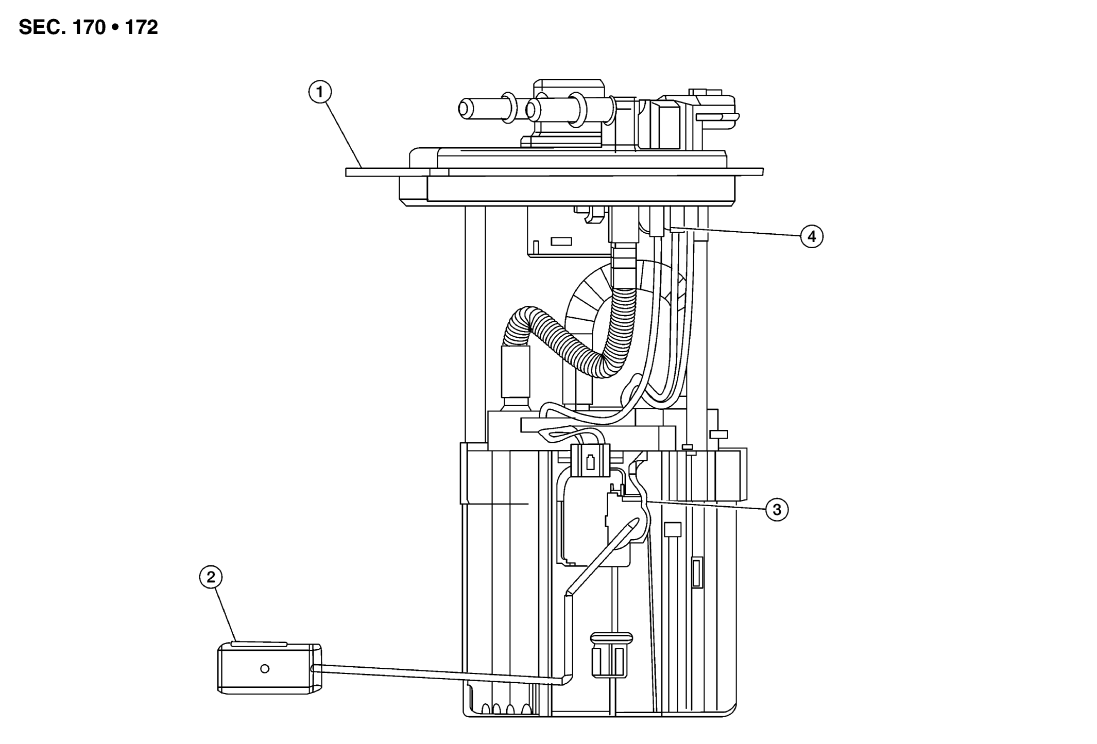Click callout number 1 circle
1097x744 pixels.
[320, 93]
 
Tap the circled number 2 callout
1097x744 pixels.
[211, 577]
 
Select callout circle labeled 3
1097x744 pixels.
[777, 510]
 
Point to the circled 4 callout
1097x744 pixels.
[812, 237]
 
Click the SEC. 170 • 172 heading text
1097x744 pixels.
[88, 27]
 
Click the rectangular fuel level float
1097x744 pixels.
[269, 669]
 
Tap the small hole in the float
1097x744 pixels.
[265, 668]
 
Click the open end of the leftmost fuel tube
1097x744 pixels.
[465, 109]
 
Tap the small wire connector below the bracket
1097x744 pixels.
[590, 459]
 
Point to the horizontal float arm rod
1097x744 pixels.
[438, 674]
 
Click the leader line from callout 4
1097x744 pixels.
[742, 232]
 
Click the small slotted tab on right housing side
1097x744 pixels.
[697, 572]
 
